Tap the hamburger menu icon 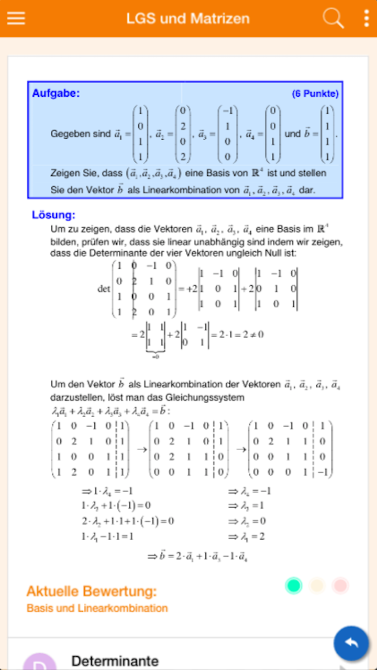tap(16, 18)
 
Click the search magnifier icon tap(332, 18)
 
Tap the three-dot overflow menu tap(366, 18)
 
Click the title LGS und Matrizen tap(188, 19)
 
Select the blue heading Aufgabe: tap(56, 94)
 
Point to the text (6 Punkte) tap(315, 94)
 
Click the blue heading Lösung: tap(54, 215)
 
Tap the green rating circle tap(294, 585)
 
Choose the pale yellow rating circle tap(317, 585)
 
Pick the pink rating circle tap(340, 585)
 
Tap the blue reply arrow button tap(351, 643)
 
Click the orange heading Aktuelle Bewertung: tap(92, 591)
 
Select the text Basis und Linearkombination tap(97, 608)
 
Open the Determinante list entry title tap(115, 661)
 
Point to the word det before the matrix tap(104, 288)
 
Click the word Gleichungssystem tap(210, 398)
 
